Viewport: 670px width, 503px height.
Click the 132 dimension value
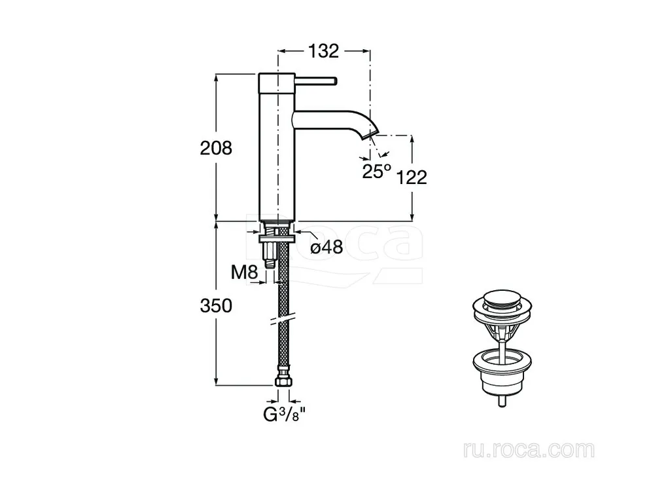pyautogui.click(x=323, y=51)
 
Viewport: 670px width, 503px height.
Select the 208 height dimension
pyautogui.click(x=216, y=148)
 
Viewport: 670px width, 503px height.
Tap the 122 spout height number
pyautogui.click(x=412, y=177)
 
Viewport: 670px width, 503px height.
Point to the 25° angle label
pyautogui.click(x=376, y=172)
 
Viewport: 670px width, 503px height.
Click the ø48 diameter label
pyautogui.click(x=326, y=247)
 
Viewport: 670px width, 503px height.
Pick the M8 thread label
pyautogui.click(x=245, y=272)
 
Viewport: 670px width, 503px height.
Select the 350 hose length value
pyautogui.click(x=216, y=305)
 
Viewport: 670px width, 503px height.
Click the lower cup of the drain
pyautogui.click(x=502, y=373)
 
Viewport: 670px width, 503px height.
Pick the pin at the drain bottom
pyautogui.click(x=502, y=401)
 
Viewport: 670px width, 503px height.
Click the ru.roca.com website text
pyautogui.click(x=529, y=450)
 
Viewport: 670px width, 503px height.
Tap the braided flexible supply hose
pyautogui.click(x=283, y=299)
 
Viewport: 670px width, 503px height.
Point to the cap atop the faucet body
pyautogui.click(x=277, y=83)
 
